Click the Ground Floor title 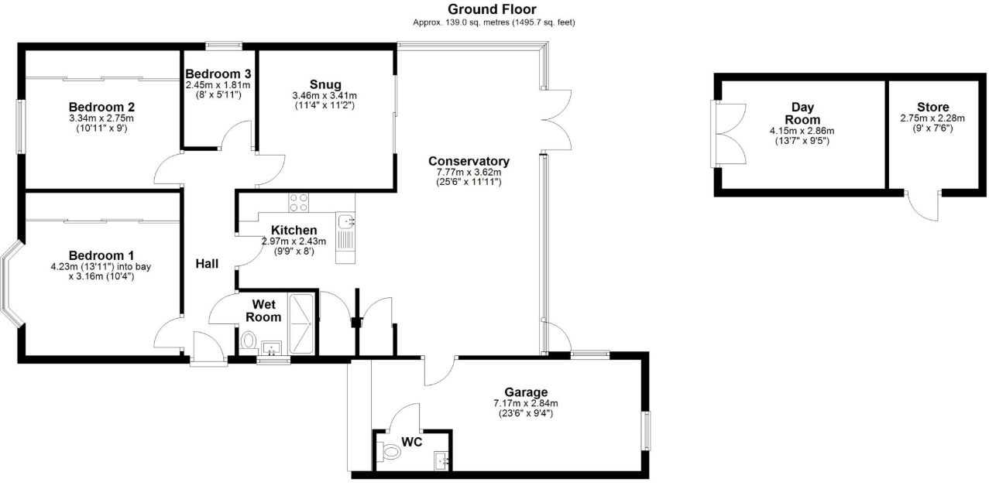491,9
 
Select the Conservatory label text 469,161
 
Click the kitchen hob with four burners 299,202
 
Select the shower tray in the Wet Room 302,323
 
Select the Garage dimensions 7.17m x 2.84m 526,403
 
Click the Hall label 207,264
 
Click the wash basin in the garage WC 442,460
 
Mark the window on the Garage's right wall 645,430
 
